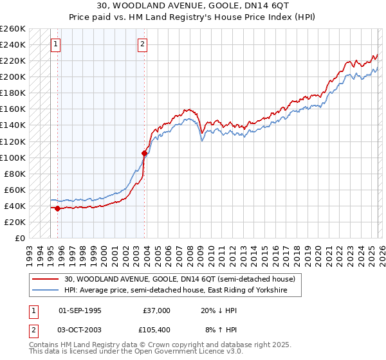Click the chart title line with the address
[192, 6]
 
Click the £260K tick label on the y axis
[12, 29]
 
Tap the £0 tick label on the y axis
[19, 238]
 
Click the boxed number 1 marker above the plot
[56, 44]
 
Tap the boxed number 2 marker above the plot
[142, 44]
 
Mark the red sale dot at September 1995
[58, 208]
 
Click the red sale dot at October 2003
[144, 153]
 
